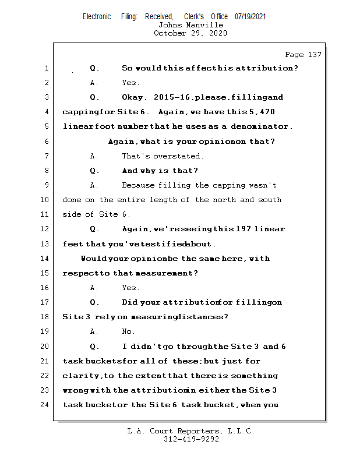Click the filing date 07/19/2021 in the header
[x=250, y=17]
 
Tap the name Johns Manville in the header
[x=190, y=25]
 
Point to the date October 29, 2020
[x=190, y=33]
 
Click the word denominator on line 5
[x=261, y=126]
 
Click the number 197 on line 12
[x=243, y=229]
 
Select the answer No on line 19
[x=128, y=331]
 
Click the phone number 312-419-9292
[x=190, y=440]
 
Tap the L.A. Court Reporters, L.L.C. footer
[x=190, y=432]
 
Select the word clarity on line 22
[x=81, y=376]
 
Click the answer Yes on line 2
[x=130, y=83]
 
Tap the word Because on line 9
[x=139, y=185]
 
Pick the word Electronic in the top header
[x=97, y=17]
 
